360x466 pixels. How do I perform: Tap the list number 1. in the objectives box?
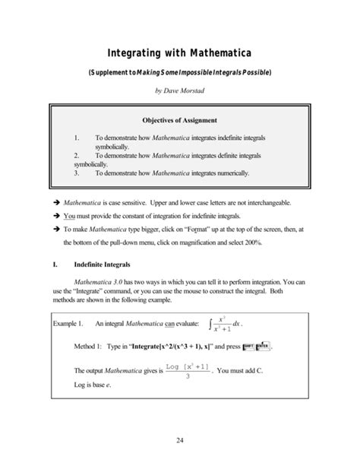[x=77, y=138]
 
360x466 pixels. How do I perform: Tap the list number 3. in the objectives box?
[x=77, y=173]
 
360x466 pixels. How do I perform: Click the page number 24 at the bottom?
[x=179, y=439]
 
